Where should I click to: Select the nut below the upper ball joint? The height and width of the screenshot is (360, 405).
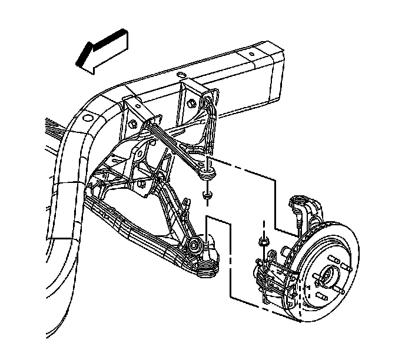[207, 195]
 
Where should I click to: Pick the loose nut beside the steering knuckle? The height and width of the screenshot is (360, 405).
[263, 241]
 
